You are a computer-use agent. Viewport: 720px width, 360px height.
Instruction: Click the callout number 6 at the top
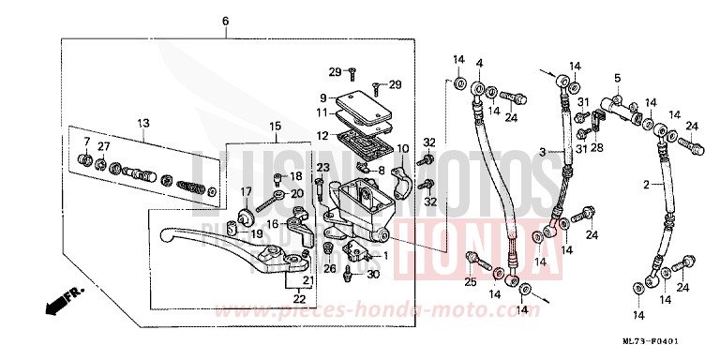225,22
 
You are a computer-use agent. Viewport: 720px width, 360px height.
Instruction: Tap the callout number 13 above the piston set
143,124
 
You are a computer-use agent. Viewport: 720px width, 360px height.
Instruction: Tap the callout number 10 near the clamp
402,149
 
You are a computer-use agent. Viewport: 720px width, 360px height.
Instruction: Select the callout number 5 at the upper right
617,77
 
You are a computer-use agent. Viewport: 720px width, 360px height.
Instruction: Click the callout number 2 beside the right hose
645,186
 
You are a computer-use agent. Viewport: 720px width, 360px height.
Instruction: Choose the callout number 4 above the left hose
478,63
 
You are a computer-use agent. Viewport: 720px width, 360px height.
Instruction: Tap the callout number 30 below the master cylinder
373,275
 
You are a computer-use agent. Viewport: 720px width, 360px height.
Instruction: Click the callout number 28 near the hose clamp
596,147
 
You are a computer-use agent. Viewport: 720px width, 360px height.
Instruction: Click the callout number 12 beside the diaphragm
322,135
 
